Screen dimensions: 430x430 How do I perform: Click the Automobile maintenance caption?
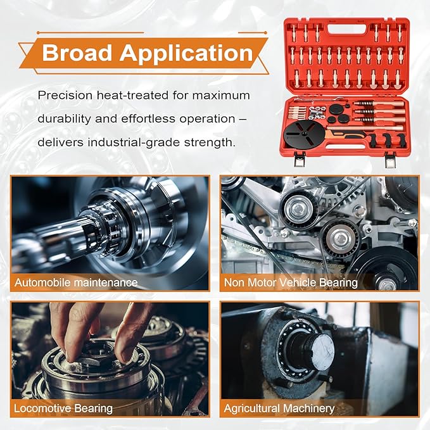click(x=76, y=282)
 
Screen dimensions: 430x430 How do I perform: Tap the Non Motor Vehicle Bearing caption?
click(x=291, y=282)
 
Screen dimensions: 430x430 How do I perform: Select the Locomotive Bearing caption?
click(x=63, y=408)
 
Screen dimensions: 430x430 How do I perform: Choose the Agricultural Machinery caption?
click(x=279, y=408)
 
